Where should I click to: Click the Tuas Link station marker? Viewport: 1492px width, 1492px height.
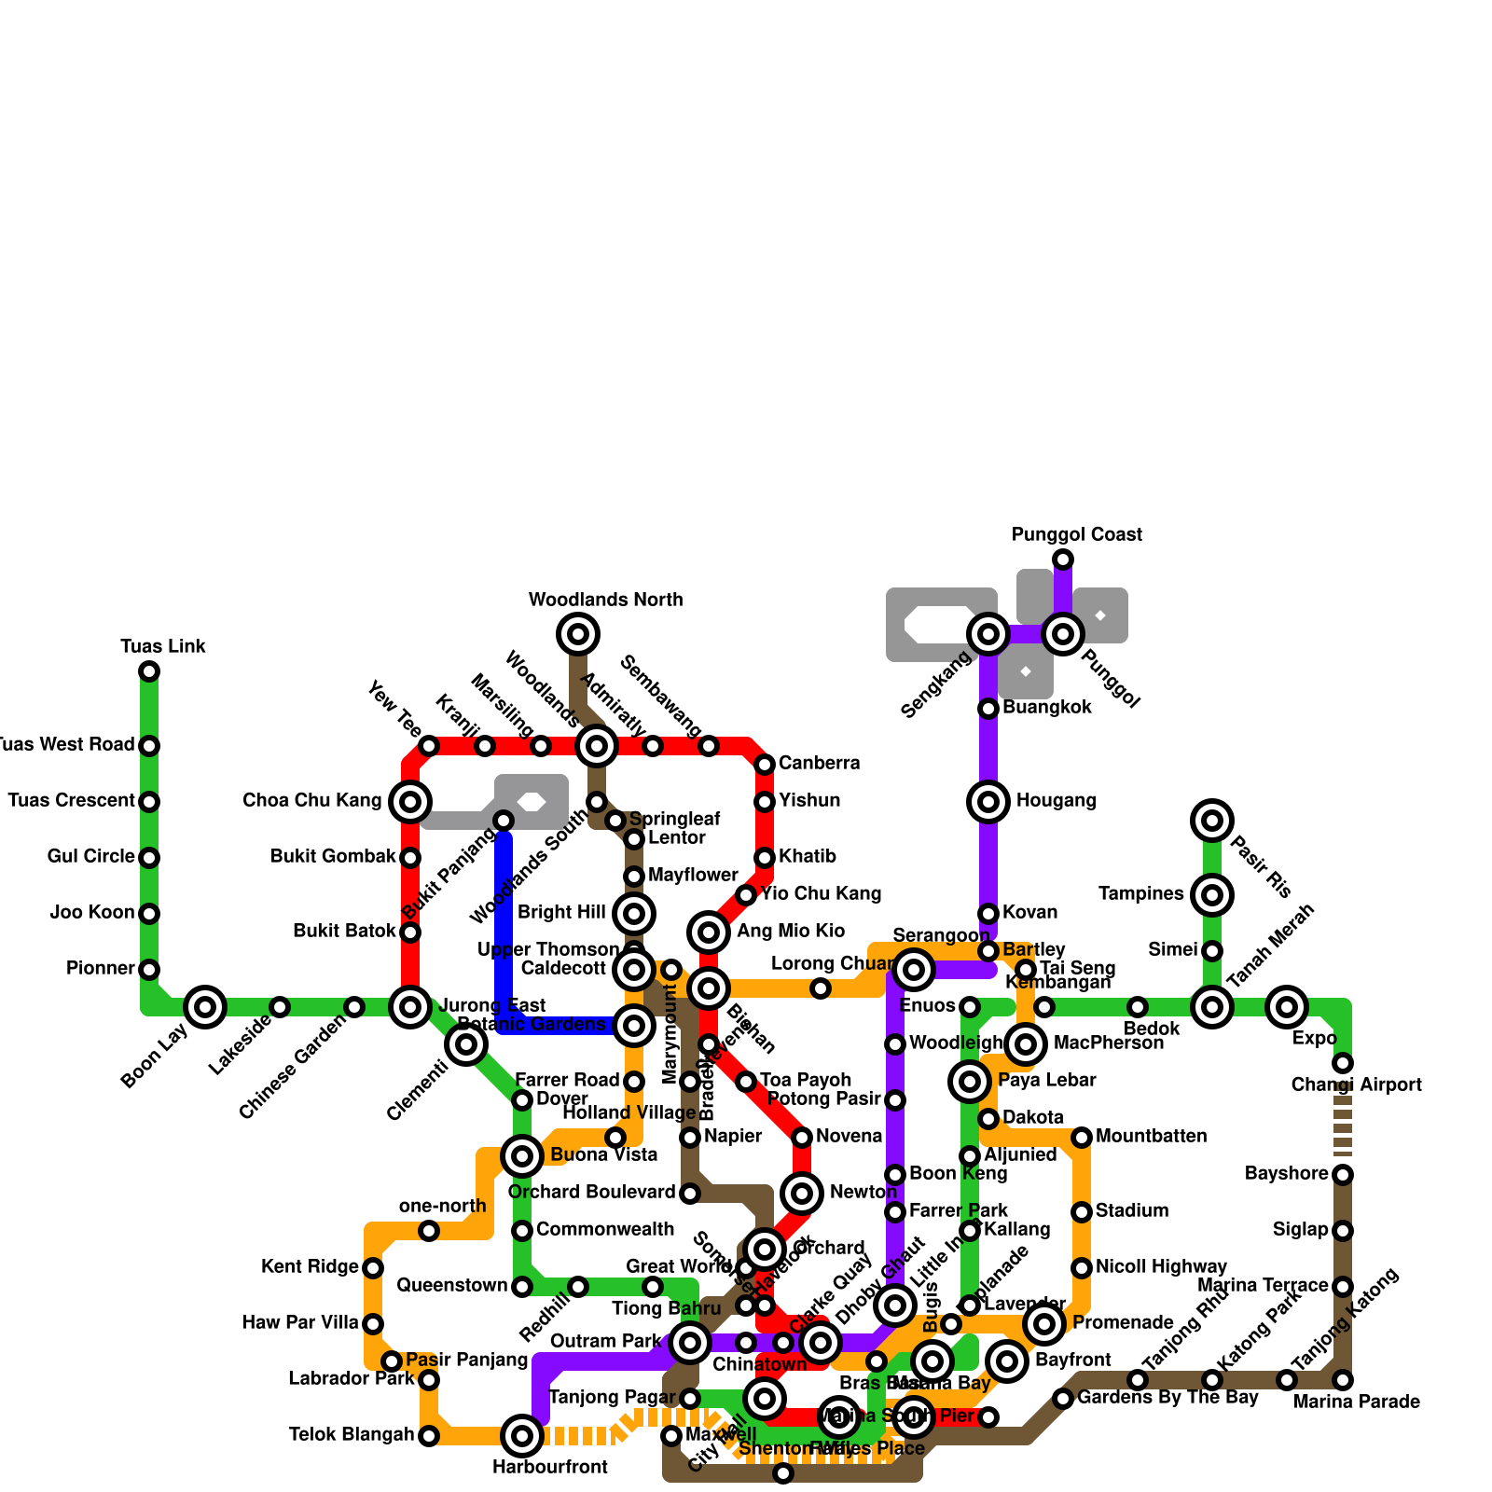[x=149, y=671]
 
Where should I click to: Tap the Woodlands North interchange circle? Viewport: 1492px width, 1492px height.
[x=578, y=634]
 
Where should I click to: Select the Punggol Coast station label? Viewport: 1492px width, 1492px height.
[x=1077, y=534]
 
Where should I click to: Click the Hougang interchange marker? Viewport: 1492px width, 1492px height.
[x=988, y=802]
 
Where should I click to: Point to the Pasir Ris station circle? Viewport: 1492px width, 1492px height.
[x=1212, y=821]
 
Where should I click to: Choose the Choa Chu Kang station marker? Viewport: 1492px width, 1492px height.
[x=410, y=802]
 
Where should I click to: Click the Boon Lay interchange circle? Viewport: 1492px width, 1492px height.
[x=205, y=1007]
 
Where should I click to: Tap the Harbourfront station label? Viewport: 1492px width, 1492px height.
[x=550, y=1467]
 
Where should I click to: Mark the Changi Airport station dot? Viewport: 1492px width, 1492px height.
[x=1343, y=1063]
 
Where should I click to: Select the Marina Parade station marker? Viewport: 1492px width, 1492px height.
[x=1343, y=1380]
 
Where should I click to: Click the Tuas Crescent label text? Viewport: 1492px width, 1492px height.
[x=71, y=801]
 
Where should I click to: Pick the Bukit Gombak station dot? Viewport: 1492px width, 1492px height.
[x=410, y=858]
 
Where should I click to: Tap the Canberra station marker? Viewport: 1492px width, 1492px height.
[x=765, y=765]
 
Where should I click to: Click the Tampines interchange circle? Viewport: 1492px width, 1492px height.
[x=1212, y=895]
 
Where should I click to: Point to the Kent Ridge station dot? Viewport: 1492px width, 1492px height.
[x=373, y=1268]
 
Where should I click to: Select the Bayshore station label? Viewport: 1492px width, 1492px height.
[x=1287, y=1174]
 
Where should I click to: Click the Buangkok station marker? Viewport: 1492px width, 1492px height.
[x=988, y=709]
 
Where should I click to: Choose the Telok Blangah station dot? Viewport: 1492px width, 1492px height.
[x=429, y=1436]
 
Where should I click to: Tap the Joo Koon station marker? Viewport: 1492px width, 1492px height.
[x=149, y=914]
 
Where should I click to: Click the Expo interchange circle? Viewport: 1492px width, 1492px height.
[x=1287, y=1007]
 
